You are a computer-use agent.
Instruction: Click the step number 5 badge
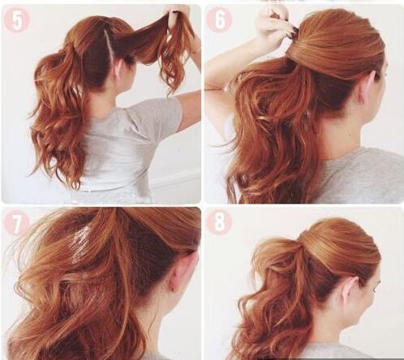17,20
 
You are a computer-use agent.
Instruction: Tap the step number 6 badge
219,20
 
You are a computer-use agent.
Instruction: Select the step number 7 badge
17,223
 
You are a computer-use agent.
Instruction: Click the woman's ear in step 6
368,88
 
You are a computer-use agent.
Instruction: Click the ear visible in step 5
119,70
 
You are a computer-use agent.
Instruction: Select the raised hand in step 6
273,26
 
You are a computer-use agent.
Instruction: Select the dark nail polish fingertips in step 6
294,30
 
